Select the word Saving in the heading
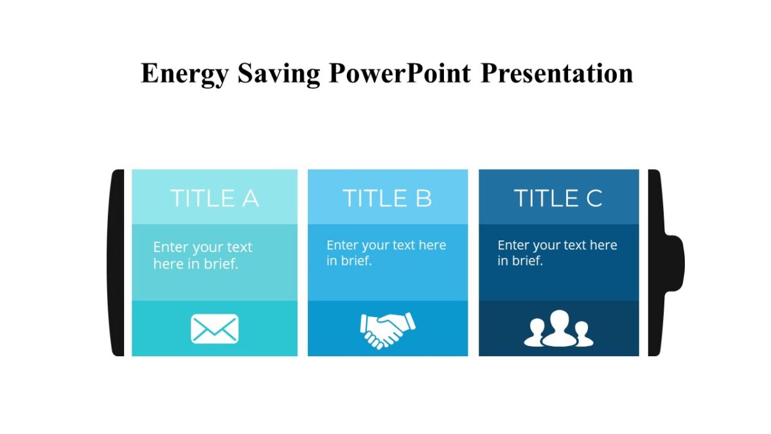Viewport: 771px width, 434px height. (x=279, y=73)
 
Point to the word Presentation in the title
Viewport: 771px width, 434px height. (x=556, y=73)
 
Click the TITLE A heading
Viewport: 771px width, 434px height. (x=214, y=198)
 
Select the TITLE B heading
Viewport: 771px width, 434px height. (x=387, y=198)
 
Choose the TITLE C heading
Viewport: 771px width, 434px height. (x=558, y=198)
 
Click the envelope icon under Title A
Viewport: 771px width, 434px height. (x=215, y=329)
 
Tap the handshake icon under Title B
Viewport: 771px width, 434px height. (x=387, y=329)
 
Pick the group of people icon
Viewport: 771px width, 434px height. (x=558, y=329)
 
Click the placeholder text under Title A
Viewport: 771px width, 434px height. (x=202, y=255)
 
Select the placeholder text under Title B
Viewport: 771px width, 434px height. (x=385, y=253)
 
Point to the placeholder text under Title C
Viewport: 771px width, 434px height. (x=557, y=253)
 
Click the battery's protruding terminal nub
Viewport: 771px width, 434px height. (x=675, y=263)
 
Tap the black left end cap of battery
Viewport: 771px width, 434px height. (x=116, y=262)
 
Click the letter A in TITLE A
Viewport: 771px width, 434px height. (x=249, y=198)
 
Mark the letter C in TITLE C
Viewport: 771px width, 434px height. (x=594, y=198)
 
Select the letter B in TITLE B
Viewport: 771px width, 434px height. (x=423, y=198)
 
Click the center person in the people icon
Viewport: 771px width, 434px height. (x=559, y=327)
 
